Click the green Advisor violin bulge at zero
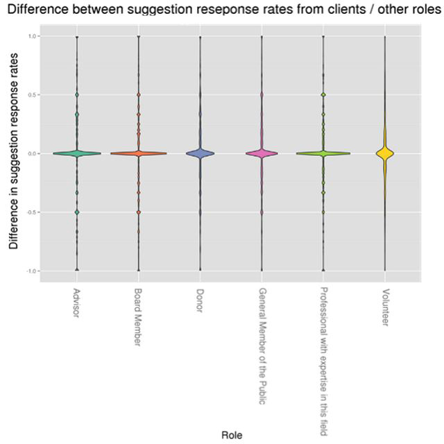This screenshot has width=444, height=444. [x=77, y=153]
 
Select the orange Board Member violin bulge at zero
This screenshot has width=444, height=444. [x=139, y=153]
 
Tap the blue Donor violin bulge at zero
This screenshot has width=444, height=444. [x=200, y=153]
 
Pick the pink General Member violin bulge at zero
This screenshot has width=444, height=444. [x=262, y=153]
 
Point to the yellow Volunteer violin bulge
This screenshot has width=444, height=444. [x=385, y=153]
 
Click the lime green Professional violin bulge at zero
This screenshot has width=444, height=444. [x=323, y=153]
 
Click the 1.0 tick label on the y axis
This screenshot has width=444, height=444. [x=32, y=36]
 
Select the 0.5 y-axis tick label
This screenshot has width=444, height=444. [x=32, y=94]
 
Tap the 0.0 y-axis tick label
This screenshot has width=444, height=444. [x=32, y=153]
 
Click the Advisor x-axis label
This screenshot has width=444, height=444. [x=76, y=302]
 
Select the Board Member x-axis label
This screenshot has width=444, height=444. [x=137, y=317]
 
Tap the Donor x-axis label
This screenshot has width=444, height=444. [x=200, y=300]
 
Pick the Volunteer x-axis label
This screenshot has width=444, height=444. [x=386, y=307]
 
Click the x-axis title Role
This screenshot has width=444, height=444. [x=232, y=435]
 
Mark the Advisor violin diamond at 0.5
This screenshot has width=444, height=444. [x=77, y=94]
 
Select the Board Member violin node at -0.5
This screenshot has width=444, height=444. [x=139, y=212]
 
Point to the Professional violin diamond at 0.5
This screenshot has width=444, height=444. [x=323, y=94]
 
